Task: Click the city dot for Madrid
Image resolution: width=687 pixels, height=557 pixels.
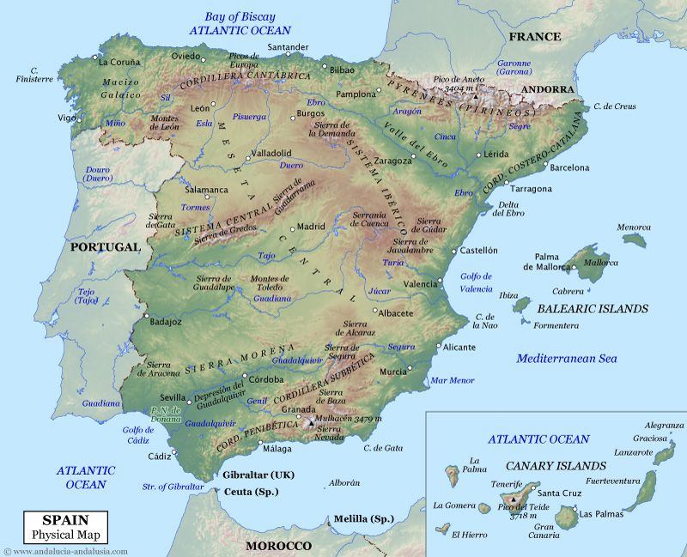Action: [x=293, y=228]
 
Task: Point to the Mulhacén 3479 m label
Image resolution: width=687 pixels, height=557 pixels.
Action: [x=350, y=418]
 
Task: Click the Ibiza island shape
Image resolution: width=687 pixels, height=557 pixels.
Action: [x=520, y=306]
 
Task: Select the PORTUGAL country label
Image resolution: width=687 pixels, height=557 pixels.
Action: [x=105, y=246]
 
